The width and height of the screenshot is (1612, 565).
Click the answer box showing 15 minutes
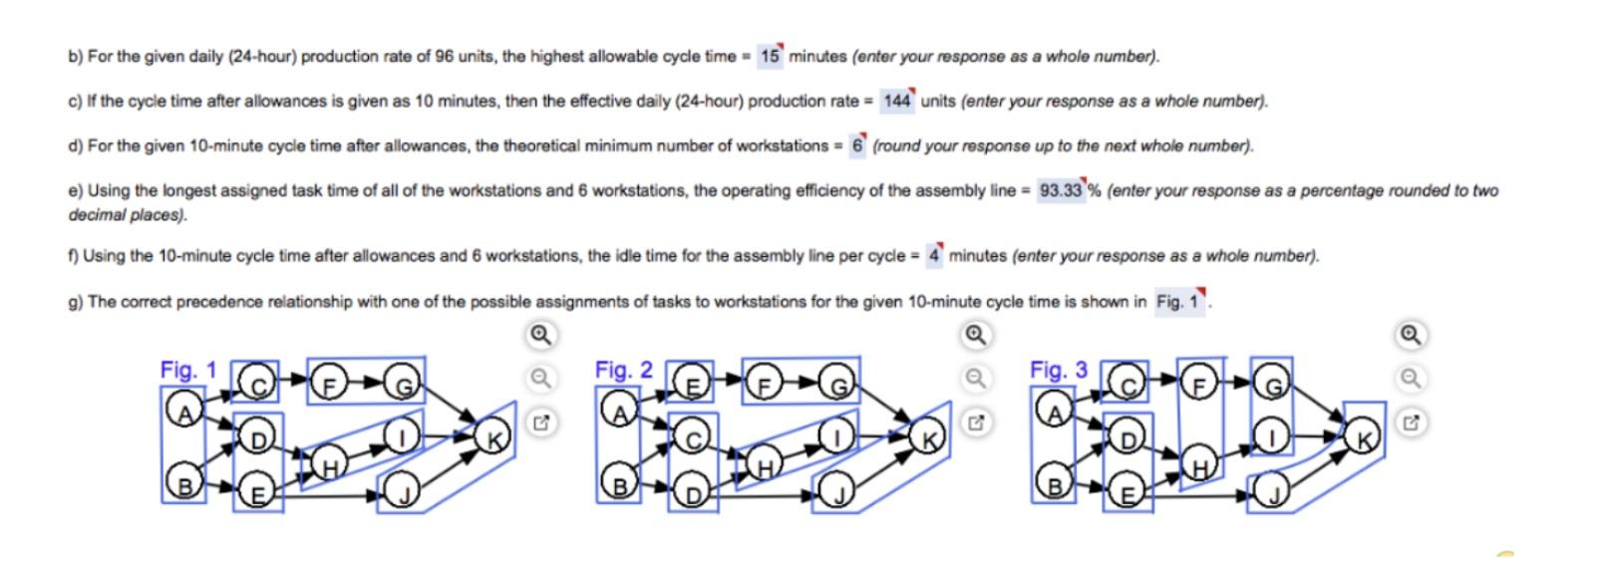pyautogui.click(x=770, y=56)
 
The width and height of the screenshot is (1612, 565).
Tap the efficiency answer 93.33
pyautogui.click(x=1061, y=190)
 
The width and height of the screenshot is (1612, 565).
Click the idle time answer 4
pyautogui.click(x=934, y=255)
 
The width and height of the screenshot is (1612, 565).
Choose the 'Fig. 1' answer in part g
pyautogui.click(x=1179, y=302)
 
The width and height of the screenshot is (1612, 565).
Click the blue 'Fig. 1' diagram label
pyautogui.click(x=187, y=370)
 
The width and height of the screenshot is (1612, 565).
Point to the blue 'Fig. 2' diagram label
pyautogui.click(x=623, y=370)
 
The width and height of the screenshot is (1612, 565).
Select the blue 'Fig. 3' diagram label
pyautogui.click(x=1059, y=370)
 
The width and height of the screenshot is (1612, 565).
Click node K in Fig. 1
pyautogui.click(x=493, y=437)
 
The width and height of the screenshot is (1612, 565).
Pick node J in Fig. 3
pyautogui.click(x=1273, y=493)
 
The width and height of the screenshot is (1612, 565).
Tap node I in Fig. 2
pyautogui.click(x=837, y=436)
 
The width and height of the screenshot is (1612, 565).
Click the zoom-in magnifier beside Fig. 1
pyautogui.click(x=541, y=336)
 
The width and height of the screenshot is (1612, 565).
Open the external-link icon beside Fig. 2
pyautogui.click(x=976, y=423)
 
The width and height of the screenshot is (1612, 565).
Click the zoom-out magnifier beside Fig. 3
pyautogui.click(x=1411, y=379)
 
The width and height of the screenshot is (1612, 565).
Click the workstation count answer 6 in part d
pyautogui.click(x=857, y=145)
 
